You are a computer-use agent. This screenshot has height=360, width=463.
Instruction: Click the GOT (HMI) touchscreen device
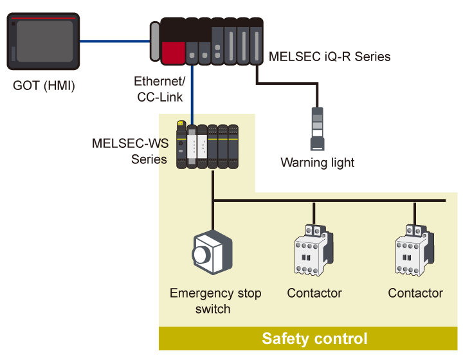pyautogui.click(x=44, y=42)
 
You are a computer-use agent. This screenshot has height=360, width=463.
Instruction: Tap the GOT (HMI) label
pyautogui.click(x=44, y=85)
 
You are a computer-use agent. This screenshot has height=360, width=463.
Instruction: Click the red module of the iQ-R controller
pyautogui.click(x=173, y=51)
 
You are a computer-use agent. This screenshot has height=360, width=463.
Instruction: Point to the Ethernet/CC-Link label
pyautogui.click(x=159, y=89)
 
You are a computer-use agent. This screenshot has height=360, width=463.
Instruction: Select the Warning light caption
pyautogui.click(x=318, y=163)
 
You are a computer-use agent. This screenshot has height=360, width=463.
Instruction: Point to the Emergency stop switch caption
pyautogui.click(x=215, y=301)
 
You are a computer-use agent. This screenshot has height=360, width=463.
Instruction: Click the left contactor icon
pyautogui.click(x=314, y=251)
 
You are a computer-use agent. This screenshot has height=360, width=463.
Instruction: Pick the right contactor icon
pyautogui.click(x=415, y=251)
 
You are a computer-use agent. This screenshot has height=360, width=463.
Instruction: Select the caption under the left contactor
pyautogui.click(x=314, y=293)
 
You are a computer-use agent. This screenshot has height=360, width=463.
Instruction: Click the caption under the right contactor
pyautogui.click(x=415, y=293)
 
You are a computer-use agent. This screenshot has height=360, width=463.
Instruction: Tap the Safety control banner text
pyautogui.click(x=314, y=339)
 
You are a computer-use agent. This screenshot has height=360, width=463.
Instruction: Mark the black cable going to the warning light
pyautogui.click(x=286, y=84)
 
